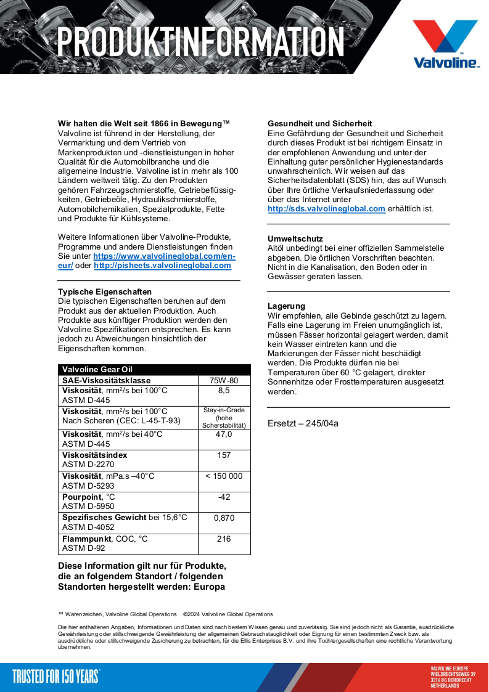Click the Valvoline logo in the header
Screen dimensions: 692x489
(445, 43)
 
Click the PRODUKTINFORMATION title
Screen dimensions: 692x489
(200, 41)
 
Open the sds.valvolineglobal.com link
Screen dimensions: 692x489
(326, 209)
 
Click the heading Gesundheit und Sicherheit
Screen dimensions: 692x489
(319, 124)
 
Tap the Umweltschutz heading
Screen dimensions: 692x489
(295, 238)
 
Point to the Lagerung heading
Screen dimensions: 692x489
(286, 306)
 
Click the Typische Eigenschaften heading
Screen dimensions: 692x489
(104, 291)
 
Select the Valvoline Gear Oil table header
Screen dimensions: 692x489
(97, 370)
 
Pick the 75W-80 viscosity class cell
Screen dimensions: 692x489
(224, 381)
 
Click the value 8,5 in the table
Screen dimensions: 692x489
(224, 391)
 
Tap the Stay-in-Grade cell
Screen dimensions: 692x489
(224, 418)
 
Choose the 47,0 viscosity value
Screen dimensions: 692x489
(224, 434)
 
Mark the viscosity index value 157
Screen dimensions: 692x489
(224, 455)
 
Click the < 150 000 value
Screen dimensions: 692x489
(224, 476)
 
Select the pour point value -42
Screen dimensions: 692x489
(224, 497)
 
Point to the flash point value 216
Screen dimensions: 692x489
(224, 539)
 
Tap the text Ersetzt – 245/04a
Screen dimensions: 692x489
(303, 423)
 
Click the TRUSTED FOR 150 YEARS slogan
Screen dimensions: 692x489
(55, 677)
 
